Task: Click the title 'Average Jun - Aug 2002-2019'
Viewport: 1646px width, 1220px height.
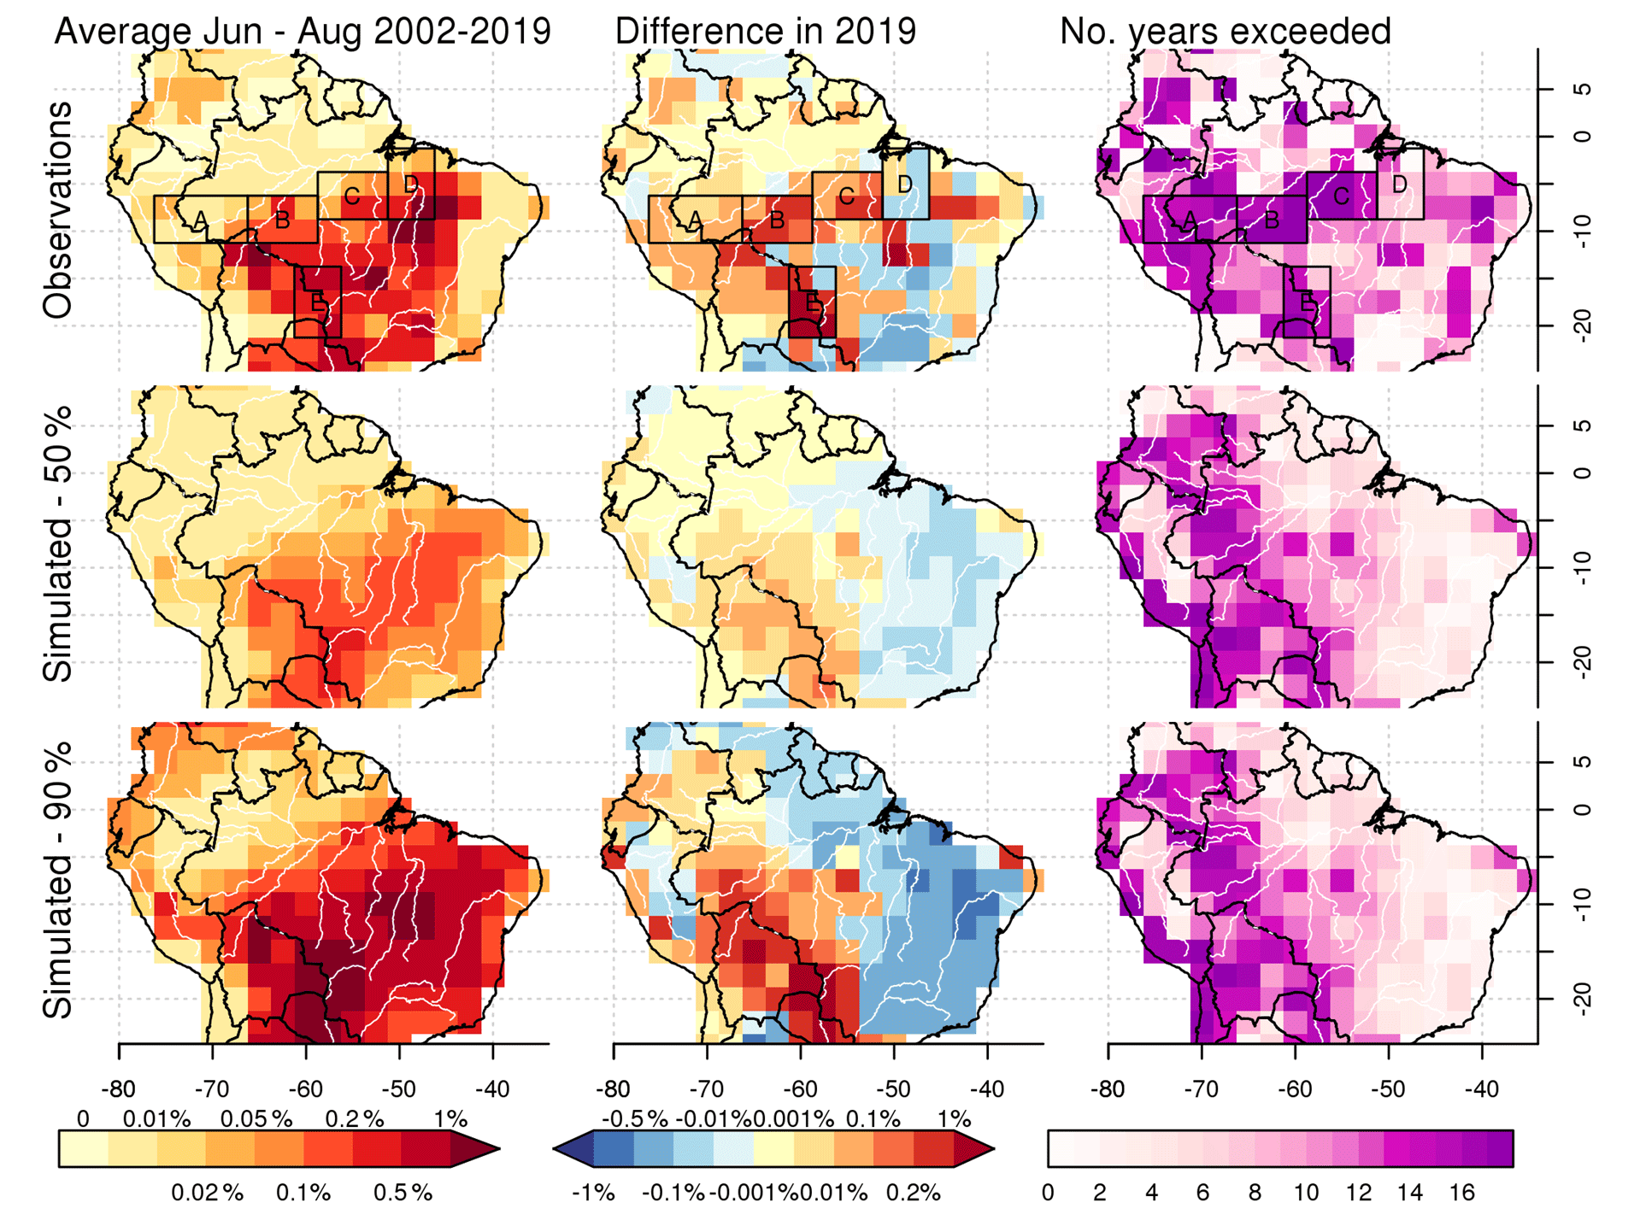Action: click(303, 32)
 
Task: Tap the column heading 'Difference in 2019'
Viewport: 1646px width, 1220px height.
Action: click(765, 32)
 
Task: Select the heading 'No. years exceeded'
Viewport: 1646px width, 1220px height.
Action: click(1225, 32)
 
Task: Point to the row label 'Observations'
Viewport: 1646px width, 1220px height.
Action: click(58, 210)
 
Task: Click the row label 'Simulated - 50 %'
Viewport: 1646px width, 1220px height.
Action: click(58, 544)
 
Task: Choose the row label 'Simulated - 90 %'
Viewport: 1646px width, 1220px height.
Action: click(58, 879)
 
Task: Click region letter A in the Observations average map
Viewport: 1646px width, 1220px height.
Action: click(200, 220)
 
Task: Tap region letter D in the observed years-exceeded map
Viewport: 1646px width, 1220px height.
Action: click(1399, 184)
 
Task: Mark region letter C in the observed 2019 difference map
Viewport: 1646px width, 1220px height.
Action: click(846, 196)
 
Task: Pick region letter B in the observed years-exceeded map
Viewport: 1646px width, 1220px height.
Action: click(1272, 220)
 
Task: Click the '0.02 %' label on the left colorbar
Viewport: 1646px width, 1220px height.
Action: click(207, 1193)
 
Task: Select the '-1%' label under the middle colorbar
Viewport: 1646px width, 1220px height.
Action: click(593, 1193)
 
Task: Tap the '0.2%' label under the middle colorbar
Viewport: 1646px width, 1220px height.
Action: click(913, 1193)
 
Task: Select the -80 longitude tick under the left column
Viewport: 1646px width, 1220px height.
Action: click(118, 1089)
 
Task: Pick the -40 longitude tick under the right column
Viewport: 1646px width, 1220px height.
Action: click(1482, 1089)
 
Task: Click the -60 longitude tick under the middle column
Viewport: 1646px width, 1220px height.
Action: click(800, 1089)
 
